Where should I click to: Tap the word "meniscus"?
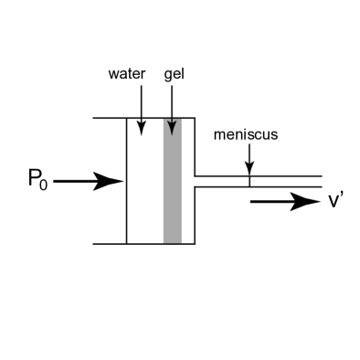[x=245, y=134]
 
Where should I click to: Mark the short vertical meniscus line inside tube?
[x=249, y=181]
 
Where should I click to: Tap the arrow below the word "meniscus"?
[x=249, y=160]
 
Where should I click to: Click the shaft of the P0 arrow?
[x=78, y=182]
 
